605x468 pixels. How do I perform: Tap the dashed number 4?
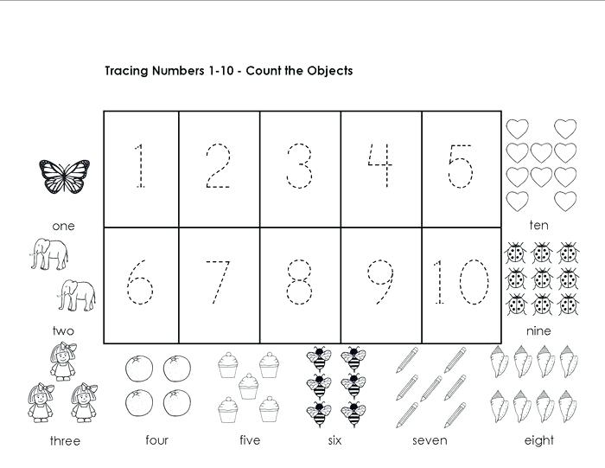380,167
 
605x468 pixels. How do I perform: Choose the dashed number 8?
300,282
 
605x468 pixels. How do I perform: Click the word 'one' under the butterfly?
63,226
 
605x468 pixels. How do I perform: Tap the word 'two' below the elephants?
63,330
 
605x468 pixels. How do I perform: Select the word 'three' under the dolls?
65,441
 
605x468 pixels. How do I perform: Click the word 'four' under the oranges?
157,440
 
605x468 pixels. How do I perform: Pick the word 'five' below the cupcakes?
249,440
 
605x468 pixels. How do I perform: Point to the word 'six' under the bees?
335,440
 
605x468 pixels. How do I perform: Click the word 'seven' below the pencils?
430,440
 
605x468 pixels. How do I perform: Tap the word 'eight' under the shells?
538,440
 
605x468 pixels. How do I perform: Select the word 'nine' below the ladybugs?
538,330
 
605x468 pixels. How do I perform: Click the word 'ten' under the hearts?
539,226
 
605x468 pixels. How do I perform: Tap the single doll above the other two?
63,362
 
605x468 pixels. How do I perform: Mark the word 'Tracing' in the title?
126,71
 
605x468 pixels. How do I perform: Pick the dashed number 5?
461,167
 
